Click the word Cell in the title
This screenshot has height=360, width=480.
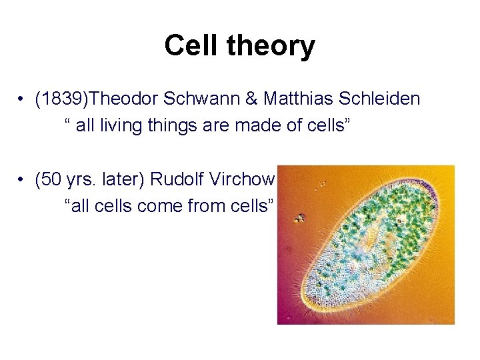click(188, 45)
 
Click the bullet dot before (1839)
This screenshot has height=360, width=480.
click(23, 100)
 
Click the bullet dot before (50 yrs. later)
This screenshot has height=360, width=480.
click(23, 180)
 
